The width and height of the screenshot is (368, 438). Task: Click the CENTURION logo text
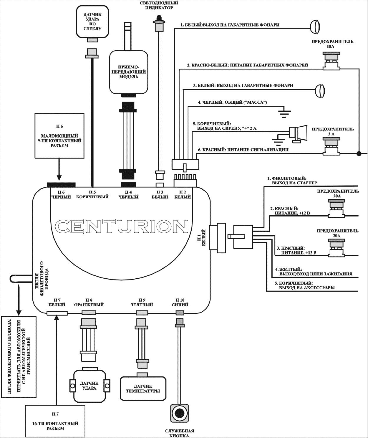click(121, 226)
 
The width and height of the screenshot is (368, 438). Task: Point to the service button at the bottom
click(178, 413)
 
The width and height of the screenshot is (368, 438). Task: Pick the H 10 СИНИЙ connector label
click(180, 302)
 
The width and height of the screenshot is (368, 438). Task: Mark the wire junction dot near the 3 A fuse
click(359, 153)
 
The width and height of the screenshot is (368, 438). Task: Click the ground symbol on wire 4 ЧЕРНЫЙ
click(284, 112)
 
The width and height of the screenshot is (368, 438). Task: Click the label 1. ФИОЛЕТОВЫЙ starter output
click(292, 180)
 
